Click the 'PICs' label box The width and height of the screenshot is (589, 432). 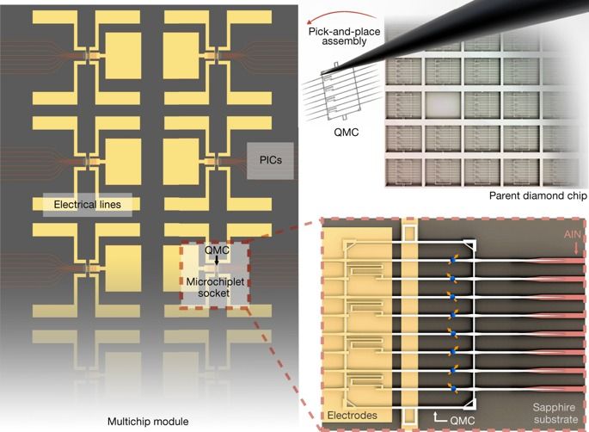270,161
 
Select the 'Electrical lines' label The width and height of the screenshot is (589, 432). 88,205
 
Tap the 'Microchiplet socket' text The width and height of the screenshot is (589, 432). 215,287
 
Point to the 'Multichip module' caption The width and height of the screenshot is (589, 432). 148,422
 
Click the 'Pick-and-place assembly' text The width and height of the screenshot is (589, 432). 344,36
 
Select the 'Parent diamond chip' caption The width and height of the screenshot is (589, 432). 537,195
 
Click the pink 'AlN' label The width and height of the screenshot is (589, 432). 573,235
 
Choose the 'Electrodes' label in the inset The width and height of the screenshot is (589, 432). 352,416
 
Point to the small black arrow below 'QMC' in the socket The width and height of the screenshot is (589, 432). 217,260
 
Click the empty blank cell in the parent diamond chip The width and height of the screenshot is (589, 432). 443,105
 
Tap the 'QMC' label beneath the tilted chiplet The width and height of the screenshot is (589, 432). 346,133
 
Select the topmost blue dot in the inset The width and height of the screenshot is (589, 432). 452,259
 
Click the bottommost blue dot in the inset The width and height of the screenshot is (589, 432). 453,387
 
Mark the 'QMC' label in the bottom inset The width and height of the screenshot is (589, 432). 462,420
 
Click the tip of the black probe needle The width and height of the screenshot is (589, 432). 322,73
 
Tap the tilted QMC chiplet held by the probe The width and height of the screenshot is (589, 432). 340,92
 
